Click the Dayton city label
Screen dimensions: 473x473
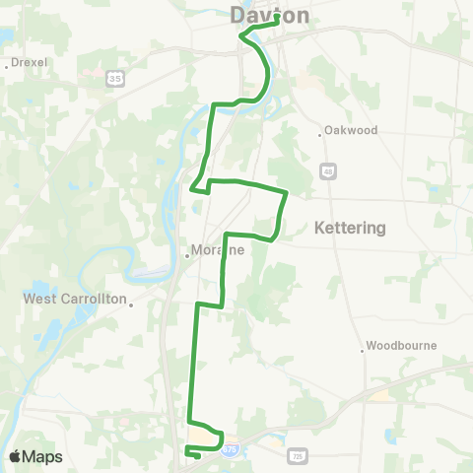point(269,16)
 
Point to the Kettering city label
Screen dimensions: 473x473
point(350,228)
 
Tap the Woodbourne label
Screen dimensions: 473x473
point(401,346)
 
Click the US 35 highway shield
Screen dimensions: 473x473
point(116,77)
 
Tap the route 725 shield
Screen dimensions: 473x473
point(298,456)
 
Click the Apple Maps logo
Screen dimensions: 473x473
point(35,456)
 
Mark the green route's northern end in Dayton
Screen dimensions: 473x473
point(278,18)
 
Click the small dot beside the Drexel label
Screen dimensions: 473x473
point(8,66)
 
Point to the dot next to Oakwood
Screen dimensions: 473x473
point(322,134)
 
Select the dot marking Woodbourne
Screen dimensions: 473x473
point(362,350)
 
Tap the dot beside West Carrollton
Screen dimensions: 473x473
point(131,304)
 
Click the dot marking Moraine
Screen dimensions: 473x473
point(187,255)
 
